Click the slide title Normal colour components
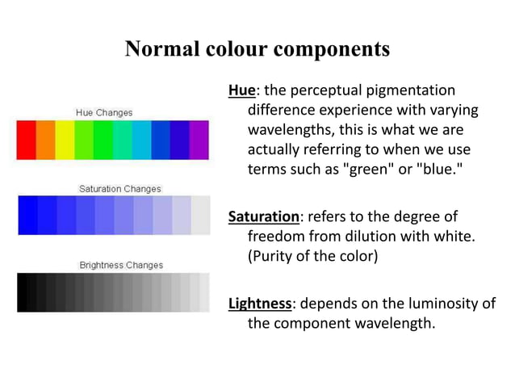point(257,49)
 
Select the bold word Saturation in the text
point(263,216)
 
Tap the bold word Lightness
point(259,304)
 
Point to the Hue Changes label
point(104,112)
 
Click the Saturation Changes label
point(119,188)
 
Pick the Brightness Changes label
point(120,264)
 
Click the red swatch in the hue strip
point(26,140)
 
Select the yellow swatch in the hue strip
point(65,140)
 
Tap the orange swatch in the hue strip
point(45,140)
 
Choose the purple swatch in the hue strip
point(199,140)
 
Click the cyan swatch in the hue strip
point(141,140)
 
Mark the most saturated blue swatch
point(27,216)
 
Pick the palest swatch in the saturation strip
point(200,216)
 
